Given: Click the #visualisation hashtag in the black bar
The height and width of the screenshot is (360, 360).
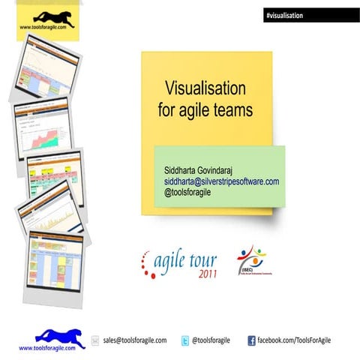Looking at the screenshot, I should click(283, 15).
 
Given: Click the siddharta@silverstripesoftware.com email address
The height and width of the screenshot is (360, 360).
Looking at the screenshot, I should click(222, 181).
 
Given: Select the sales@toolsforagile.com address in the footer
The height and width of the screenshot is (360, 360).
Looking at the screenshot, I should click(135, 340).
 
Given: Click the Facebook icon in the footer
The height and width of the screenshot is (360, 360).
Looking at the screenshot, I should click(252, 340).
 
